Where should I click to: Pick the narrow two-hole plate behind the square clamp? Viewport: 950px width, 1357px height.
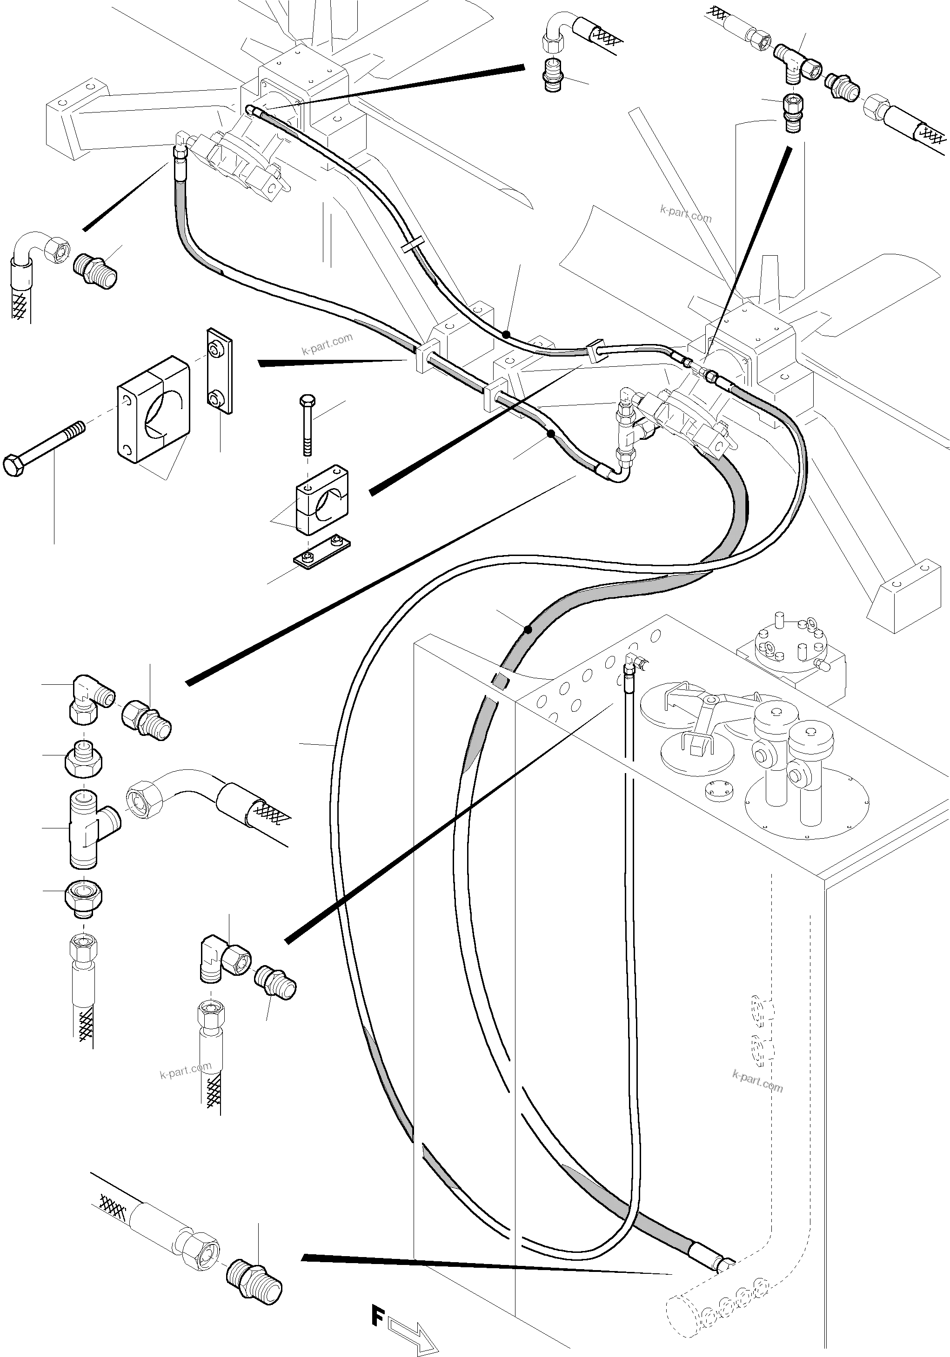coord(219,367)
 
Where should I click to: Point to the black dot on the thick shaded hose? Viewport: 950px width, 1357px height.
coord(528,630)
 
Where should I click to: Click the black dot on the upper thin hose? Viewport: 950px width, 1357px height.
coord(506,335)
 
